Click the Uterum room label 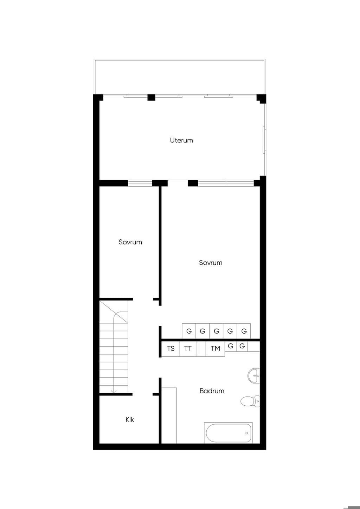tap(181, 140)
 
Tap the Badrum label tap(212, 391)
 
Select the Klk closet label tap(129, 419)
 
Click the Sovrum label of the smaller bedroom tap(130, 242)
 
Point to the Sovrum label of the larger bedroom tap(211, 263)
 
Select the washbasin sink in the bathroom tap(253, 376)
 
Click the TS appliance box tap(170, 349)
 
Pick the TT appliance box tap(188, 349)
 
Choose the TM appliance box tap(215, 349)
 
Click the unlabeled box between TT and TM tap(201, 349)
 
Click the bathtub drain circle tap(246, 433)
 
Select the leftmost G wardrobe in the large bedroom tap(189, 331)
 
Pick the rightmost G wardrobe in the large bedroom tap(244, 331)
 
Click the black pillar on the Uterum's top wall tap(152, 97)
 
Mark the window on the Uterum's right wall tap(264, 140)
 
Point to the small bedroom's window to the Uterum tap(140, 183)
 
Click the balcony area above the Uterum tap(180, 77)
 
